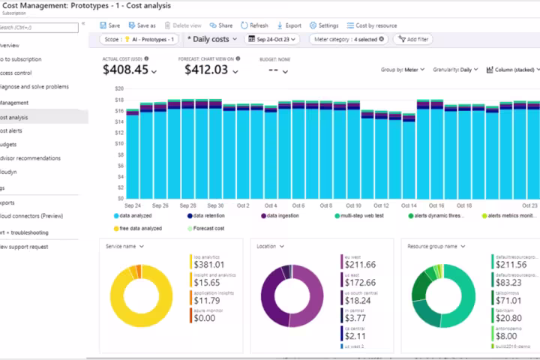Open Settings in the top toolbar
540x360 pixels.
click(x=323, y=25)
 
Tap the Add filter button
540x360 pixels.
click(x=413, y=39)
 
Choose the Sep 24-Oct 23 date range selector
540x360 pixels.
click(x=271, y=39)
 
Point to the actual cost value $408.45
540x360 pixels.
click(x=125, y=70)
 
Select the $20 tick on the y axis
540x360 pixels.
click(x=118, y=88)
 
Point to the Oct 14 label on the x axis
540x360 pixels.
click(x=409, y=205)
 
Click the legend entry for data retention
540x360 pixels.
click(x=211, y=216)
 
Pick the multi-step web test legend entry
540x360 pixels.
click(x=364, y=216)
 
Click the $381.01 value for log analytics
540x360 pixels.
click(x=210, y=265)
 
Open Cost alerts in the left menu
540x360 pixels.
click(x=15, y=130)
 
